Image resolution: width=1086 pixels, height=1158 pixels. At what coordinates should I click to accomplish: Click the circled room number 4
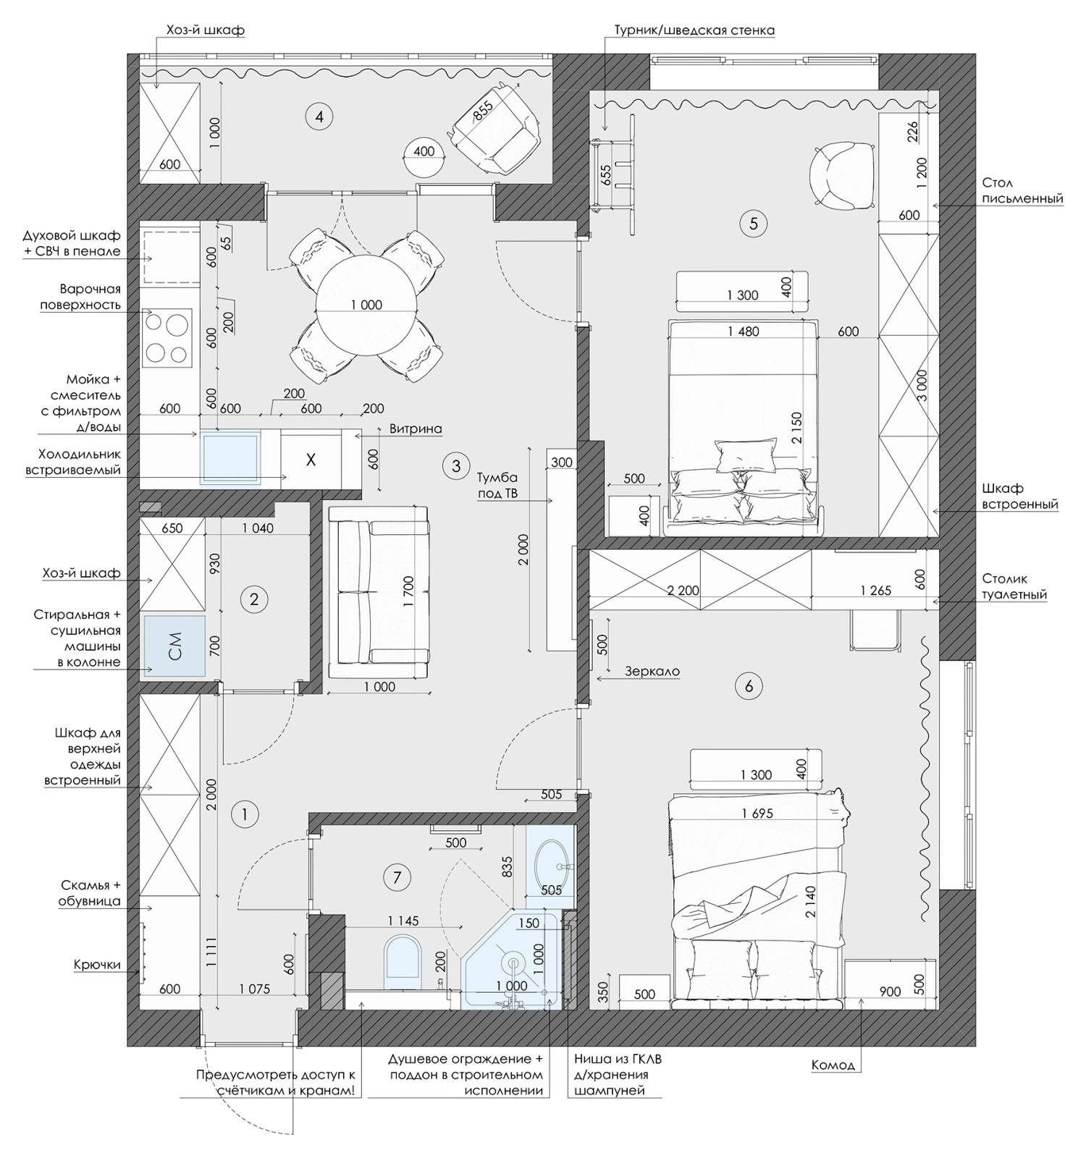(319, 116)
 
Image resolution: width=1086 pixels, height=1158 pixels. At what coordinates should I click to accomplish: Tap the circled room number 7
(396, 878)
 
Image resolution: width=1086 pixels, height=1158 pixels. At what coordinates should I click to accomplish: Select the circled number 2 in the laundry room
(253, 599)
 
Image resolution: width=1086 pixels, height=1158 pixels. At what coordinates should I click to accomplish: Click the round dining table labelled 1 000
(366, 305)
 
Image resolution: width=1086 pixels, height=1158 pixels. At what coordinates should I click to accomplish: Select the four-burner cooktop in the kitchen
(167, 337)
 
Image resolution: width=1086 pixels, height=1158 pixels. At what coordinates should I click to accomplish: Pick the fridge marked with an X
(311, 460)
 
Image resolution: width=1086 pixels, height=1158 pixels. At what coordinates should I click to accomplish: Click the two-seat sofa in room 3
(378, 593)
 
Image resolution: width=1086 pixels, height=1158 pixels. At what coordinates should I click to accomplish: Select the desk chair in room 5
(841, 174)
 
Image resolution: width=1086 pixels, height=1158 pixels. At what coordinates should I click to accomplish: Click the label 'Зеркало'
(652, 671)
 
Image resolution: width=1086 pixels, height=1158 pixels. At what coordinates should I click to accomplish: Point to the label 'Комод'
(833, 1065)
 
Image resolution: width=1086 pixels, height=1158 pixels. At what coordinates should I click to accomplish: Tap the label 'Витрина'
(416, 428)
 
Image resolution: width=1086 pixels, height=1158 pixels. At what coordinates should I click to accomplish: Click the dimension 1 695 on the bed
(757, 813)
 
